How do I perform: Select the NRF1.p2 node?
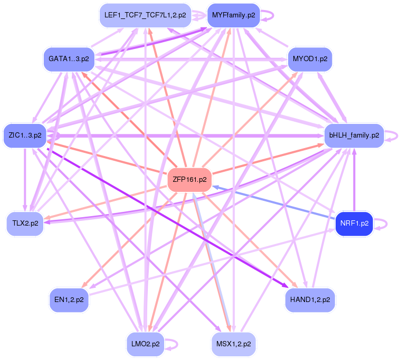(354, 223)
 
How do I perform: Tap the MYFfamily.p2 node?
(233, 15)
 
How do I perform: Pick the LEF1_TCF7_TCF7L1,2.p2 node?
(145, 15)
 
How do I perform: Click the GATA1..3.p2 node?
(69, 59)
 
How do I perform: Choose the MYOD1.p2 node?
(310, 59)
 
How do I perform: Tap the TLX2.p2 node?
(25, 223)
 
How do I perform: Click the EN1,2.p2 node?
(69, 300)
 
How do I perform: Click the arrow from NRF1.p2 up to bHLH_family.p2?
(354, 179)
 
